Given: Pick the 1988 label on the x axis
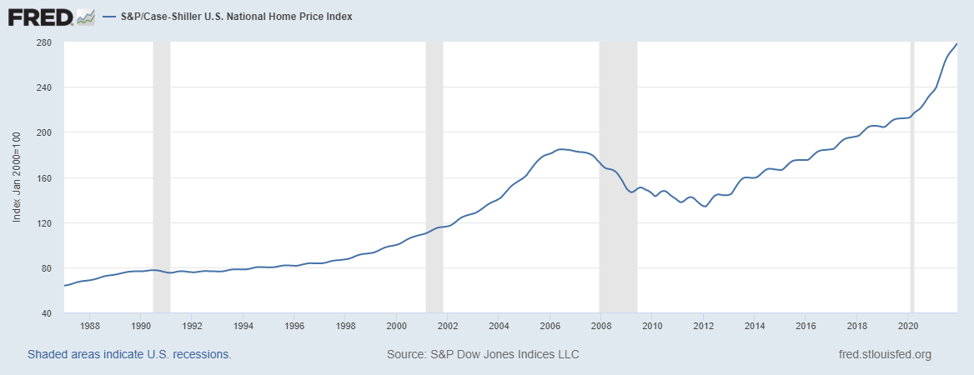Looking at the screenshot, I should [90, 326].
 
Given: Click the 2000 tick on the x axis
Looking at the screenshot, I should [397, 326].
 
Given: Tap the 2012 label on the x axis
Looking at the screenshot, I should [704, 326].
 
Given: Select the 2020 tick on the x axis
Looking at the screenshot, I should [908, 326].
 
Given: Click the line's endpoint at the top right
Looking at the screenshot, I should [956, 43].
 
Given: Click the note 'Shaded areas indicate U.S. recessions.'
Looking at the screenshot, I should [129, 354].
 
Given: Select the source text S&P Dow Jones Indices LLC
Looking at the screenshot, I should [483, 354].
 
